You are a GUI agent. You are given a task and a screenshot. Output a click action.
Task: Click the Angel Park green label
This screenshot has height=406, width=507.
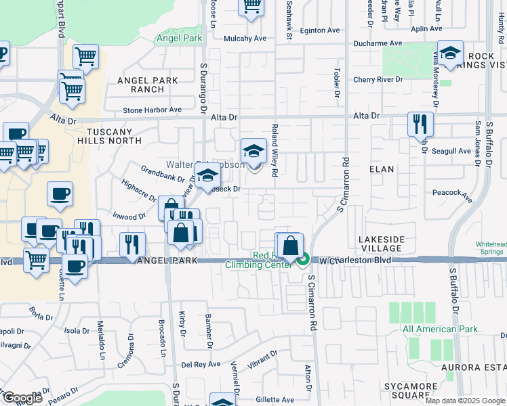[180, 39]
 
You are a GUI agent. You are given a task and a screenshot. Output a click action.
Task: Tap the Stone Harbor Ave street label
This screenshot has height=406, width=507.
[152, 110]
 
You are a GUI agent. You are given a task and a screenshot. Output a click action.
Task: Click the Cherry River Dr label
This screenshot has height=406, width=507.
[378, 80]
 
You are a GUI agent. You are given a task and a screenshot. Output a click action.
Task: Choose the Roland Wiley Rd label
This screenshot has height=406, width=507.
[275, 150]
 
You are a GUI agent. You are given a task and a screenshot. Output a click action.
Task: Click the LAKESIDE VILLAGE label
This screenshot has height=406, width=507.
[382, 244]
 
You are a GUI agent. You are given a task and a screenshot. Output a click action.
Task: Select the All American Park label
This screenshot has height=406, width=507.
[440, 330]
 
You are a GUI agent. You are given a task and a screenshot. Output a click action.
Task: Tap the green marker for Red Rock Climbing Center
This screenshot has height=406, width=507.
[304, 258]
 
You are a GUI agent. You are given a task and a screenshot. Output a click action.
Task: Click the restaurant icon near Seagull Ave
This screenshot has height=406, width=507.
[420, 123]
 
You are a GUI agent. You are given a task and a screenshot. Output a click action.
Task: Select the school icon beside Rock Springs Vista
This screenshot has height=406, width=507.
[449, 52]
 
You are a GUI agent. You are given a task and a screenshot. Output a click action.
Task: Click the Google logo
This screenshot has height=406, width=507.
[22, 398]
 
